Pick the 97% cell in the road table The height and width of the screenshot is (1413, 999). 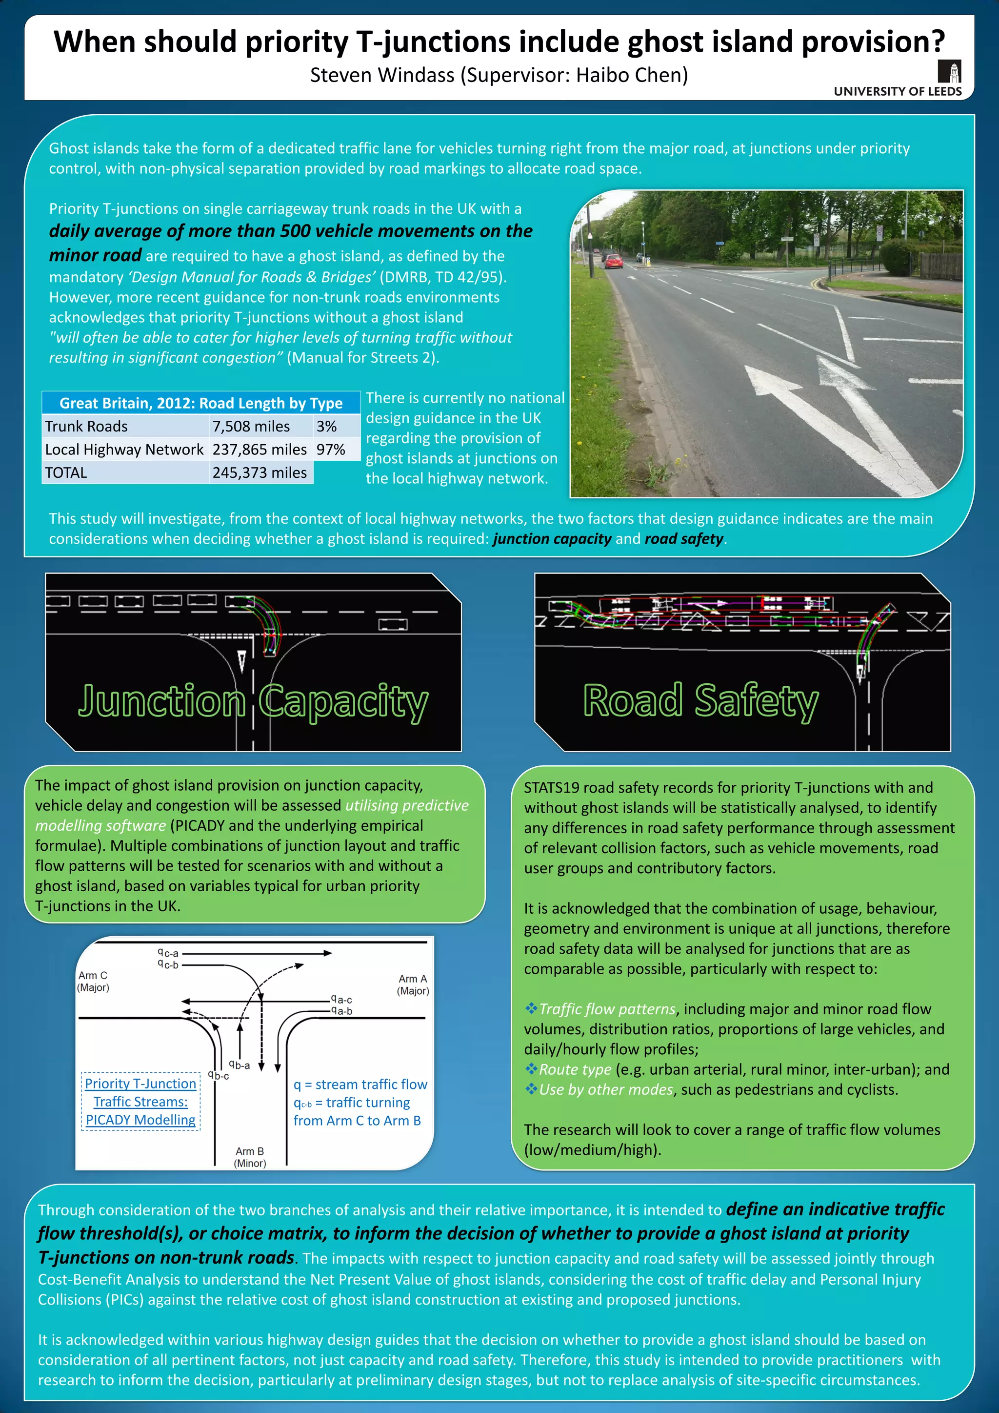(x=330, y=450)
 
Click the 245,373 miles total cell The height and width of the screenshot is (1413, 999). (x=259, y=472)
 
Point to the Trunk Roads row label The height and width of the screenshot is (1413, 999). (x=86, y=427)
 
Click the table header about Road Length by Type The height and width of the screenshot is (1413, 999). (x=200, y=403)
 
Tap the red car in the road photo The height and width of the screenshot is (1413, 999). (x=613, y=261)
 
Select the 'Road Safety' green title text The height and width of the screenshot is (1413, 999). (x=700, y=700)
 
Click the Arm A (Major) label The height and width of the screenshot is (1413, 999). (x=413, y=984)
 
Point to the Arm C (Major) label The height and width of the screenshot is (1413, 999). (x=93, y=982)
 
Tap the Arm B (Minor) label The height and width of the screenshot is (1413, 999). (x=250, y=1157)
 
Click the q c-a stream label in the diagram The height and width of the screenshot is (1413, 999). (x=168, y=953)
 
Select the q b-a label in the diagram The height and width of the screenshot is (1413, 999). (x=240, y=1065)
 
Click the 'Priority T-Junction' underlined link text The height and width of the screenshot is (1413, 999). (x=140, y=1084)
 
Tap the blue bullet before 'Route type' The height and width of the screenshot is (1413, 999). (x=530, y=1069)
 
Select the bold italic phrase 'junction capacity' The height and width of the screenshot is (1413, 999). (x=552, y=539)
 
